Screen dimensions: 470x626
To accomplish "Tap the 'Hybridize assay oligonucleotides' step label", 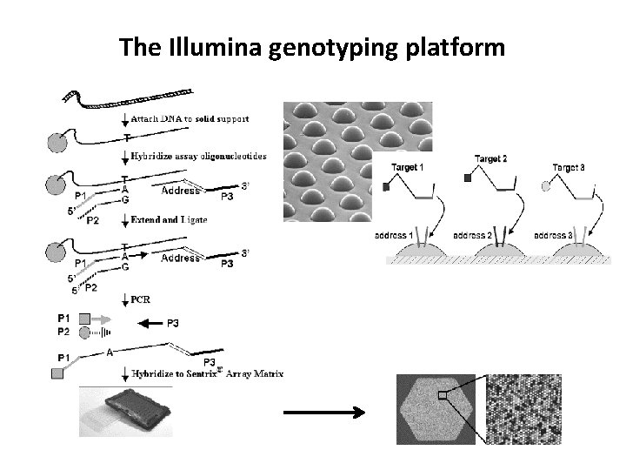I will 199,156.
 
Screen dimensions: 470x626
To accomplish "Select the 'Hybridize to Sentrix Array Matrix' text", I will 207,373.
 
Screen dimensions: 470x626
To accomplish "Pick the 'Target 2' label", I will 491,158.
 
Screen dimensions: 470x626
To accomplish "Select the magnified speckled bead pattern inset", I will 525,408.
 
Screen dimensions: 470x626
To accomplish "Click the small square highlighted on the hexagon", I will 443,396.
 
